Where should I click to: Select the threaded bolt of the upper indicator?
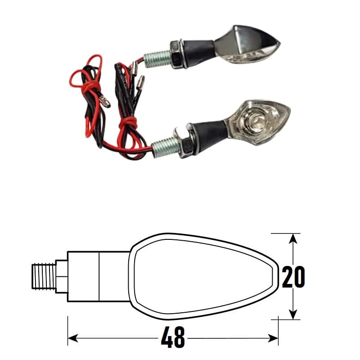pos(157,58)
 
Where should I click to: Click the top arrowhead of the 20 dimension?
pos(293,240)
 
